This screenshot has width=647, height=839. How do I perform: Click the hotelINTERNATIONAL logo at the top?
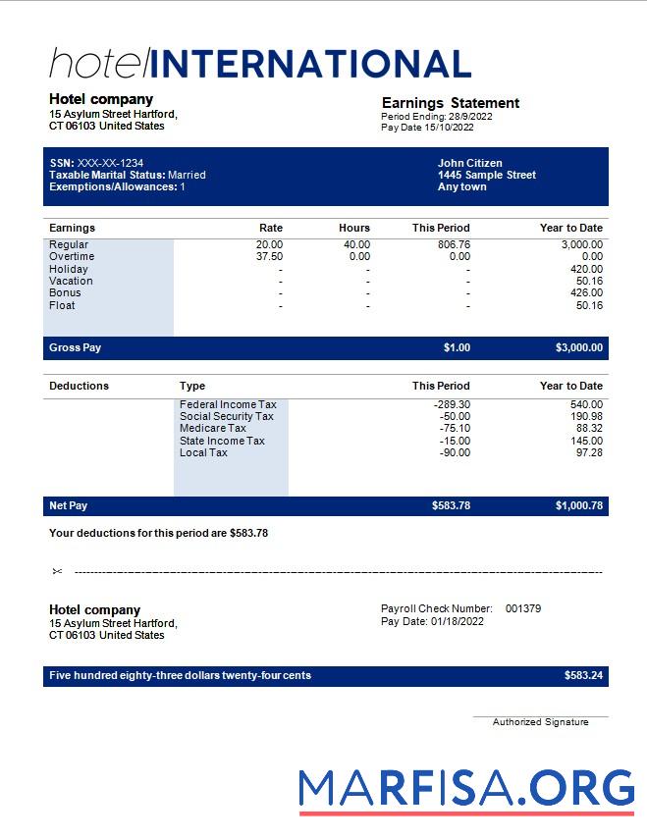coord(260,64)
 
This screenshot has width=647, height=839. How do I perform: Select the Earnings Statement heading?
coord(450,103)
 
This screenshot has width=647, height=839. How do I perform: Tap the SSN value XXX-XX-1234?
coord(110,163)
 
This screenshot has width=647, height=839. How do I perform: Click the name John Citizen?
coord(469,163)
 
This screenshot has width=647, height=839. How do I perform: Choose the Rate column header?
coord(270,228)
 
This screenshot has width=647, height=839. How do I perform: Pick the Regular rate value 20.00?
coord(269,244)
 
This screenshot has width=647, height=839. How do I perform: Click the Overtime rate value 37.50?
coord(269,256)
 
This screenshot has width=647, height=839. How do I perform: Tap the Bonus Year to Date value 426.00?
coord(586,292)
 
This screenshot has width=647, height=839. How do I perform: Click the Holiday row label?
coord(69,269)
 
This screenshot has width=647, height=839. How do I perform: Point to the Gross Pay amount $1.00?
coord(457,347)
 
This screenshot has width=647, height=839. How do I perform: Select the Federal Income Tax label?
coord(228,404)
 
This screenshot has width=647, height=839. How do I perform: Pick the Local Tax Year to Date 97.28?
coord(589,452)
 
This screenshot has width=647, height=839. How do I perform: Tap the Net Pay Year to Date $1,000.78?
coord(579,505)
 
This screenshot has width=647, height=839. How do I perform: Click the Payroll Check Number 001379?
coord(522,608)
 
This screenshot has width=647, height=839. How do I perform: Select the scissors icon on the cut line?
coord(57,571)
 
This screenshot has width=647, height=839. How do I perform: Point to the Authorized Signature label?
coord(540,722)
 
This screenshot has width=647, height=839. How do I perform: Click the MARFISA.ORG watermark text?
coord(466,788)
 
